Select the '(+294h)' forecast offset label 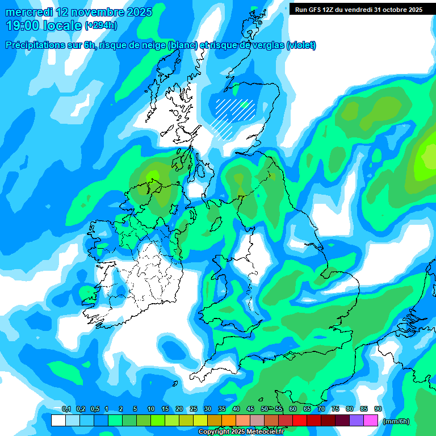click(100, 25)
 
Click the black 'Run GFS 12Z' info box click(358, 9)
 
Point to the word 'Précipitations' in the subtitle click(35, 45)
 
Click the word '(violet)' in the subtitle click(301, 45)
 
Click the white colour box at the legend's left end click(58, 421)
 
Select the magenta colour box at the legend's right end click(371, 421)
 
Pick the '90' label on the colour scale click(378, 409)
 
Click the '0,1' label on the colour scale click(66, 409)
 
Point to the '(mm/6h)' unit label click(397, 421)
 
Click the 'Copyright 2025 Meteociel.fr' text click(241, 432)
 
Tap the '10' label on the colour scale click(150, 409)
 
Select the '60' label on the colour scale click(292, 409)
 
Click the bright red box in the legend click(300, 421)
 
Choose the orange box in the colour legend click(229, 421)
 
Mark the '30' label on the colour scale click(207, 409)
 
